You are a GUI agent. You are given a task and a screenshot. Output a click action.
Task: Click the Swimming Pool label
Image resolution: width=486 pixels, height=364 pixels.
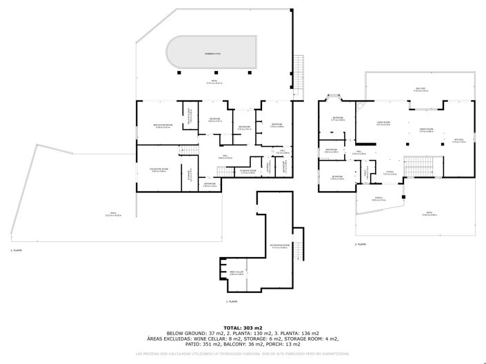212,53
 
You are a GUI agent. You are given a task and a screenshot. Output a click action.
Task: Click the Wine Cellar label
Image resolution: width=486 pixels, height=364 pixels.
236,274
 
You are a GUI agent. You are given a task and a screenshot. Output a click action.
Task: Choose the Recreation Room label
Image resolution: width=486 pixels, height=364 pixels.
279,246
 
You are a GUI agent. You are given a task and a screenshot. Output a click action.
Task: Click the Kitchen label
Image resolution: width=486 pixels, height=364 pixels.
459,141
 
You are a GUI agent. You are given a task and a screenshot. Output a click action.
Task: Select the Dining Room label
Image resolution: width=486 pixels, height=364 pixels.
426,130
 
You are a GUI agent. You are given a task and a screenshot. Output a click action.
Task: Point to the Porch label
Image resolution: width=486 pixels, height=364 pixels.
378,199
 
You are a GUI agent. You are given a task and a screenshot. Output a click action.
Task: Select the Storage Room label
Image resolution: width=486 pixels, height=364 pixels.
247,171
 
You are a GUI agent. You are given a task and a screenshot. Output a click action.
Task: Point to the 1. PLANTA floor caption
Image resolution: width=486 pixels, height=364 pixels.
232,302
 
